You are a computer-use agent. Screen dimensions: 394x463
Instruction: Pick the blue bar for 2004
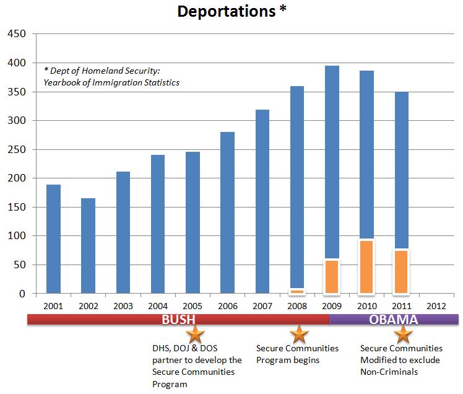tap(158, 224)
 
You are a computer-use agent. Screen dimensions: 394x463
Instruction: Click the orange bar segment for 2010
tap(367, 267)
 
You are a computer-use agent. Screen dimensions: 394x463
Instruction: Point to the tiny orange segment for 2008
tap(297, 291)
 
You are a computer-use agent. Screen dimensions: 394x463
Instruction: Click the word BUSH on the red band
tap(178, 320)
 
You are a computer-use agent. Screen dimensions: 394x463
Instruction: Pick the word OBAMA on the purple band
tap(394, 320)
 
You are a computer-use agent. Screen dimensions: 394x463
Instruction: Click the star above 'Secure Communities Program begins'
tap(300, 335)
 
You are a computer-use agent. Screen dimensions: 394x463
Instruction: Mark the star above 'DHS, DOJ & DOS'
tap(196, 335)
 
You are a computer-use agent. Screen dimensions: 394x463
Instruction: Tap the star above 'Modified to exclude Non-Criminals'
tap(404, 335)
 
